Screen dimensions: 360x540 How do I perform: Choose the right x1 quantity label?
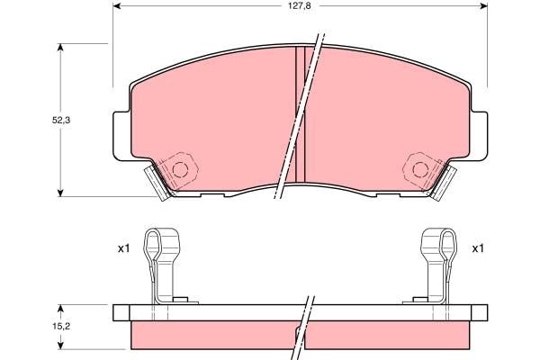(x=478, y=248)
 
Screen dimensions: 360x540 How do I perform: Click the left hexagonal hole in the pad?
(x=181, y=167)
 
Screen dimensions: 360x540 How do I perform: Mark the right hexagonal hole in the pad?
(x=420, y=167)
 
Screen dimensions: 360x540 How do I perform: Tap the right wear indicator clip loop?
(x=437, y=240)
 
